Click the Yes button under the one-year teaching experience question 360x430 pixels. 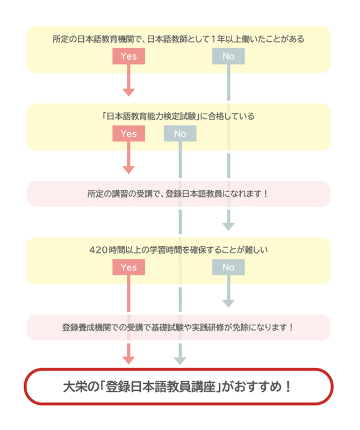[x=128, y=56]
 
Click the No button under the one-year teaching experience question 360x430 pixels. [x=228, y=56]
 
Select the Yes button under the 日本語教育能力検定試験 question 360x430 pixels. [x=128, y=133]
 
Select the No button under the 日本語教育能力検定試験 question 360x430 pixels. [x=180, y=133]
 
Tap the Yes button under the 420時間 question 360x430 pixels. [x=128, y=267]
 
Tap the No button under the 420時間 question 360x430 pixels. [x=228, y=267]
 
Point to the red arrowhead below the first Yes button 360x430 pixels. [x=128, y=92]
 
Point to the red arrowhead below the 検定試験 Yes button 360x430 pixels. [x=128, y=170]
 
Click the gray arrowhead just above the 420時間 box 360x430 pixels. [x=228, y=227]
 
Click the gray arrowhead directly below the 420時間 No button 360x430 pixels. [x=228, y=304]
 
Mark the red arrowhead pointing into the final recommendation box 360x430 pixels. [x=128, y=361]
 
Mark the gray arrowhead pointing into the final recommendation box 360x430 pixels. [x=180, y=361]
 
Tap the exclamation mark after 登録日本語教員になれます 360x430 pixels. [x=265, y=194]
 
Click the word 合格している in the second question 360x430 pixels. [x=232, y=116]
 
